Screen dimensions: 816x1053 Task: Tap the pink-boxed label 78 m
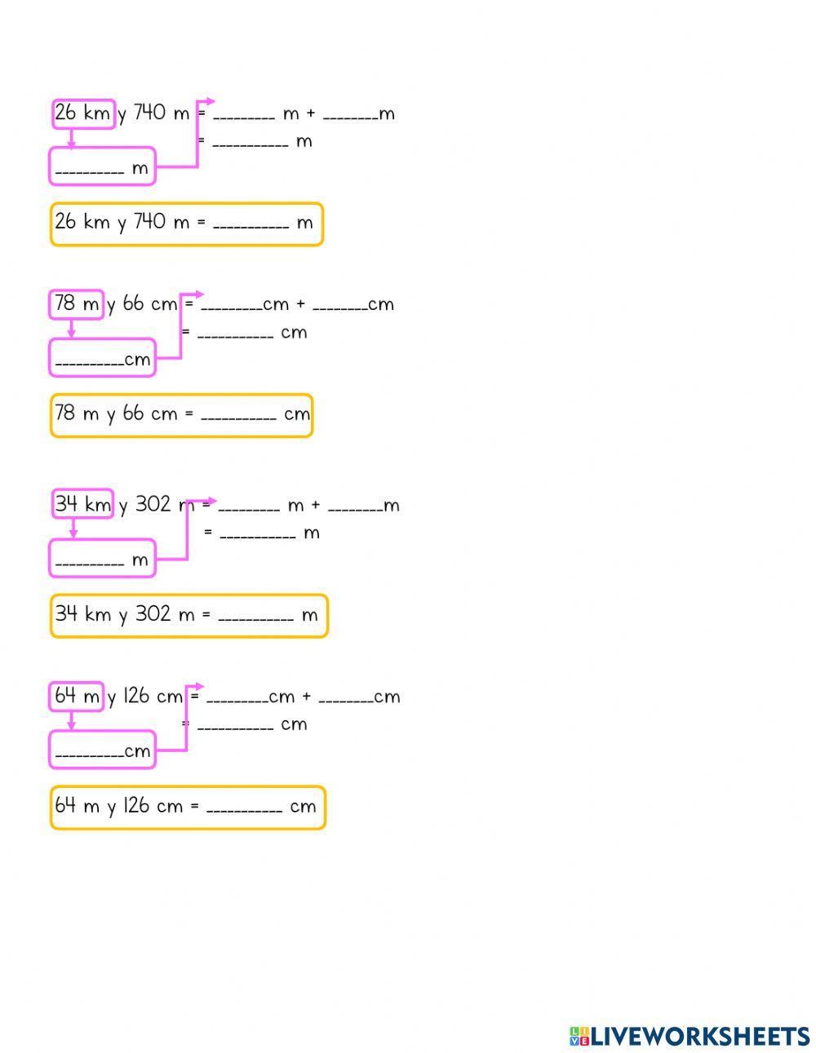pyautogui.click(x=77, y=305)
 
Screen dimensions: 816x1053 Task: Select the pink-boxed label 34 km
pyautogui.click(x=83, y=504)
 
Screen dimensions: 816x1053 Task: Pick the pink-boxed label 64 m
pyautogui.click(x=77, y=697)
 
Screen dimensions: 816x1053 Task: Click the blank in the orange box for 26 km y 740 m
pyautogui.click(x=251, y=227)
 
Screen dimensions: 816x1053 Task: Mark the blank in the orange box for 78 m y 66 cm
pyautogui.click(x=238, y=418)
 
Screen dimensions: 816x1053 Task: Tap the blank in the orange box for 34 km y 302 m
pyautogui.click(x=256, y=618)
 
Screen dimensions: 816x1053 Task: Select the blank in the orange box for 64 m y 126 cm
pyautogui.click(x=244, y=810)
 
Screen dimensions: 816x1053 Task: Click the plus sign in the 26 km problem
pyautogui.click(x=311, y=114)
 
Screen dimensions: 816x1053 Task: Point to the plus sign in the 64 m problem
pyautogui.click(x=306, y=697)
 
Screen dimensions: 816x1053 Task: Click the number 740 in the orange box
pyautogui.click(x=149, y=222)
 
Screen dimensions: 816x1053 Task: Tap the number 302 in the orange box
pyautogui.click(x=153, y=613)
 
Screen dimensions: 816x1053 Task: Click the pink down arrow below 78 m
pyautogui.click(x=71, y=329)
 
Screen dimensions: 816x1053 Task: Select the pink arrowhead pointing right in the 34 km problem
pyautogui.click(x=211, y=501)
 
